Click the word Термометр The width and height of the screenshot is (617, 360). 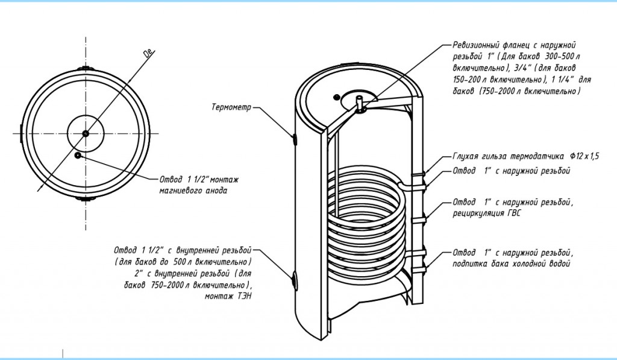[231, 109]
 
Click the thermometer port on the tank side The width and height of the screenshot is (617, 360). [295, 138]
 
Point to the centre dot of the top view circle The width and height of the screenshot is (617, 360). [86, 133]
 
